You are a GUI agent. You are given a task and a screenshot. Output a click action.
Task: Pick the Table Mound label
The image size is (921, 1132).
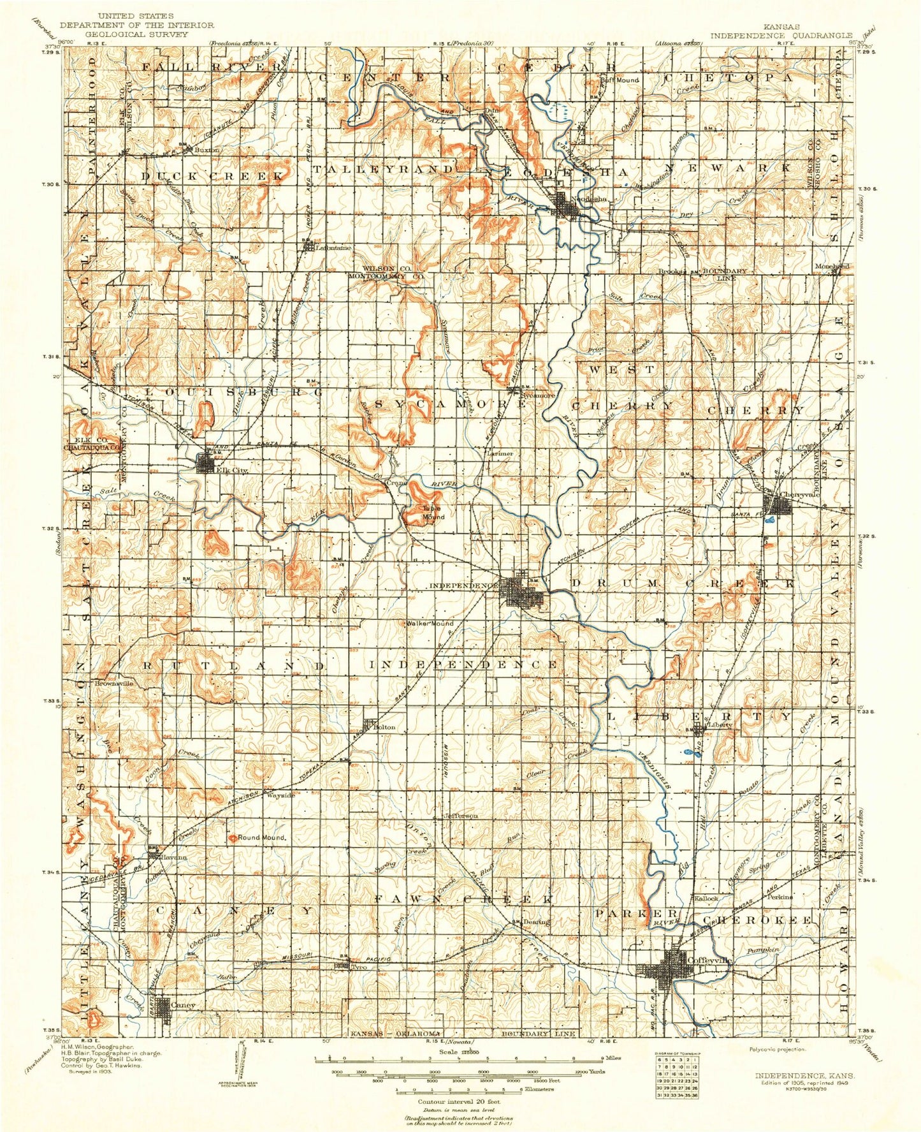433,512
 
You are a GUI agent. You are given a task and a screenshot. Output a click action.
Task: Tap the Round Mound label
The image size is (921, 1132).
261,837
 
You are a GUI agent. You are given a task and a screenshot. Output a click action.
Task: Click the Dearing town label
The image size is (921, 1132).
537,922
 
